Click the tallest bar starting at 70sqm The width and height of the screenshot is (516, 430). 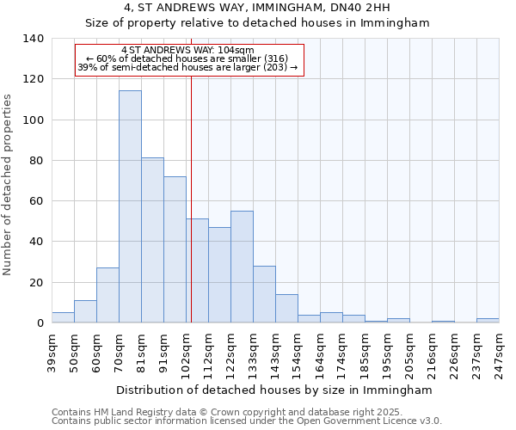pos(130,206)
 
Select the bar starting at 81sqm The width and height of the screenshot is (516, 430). pos(152,240)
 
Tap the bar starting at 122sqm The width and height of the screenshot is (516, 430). pos(242,267)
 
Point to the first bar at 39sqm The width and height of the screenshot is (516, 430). pos(63,317)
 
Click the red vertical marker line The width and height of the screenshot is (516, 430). pos(191,198)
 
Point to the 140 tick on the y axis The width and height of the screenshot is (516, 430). pos(34,39)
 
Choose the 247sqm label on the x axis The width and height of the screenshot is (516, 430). pos(499,352)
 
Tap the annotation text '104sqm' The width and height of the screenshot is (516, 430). pos(236,51)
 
